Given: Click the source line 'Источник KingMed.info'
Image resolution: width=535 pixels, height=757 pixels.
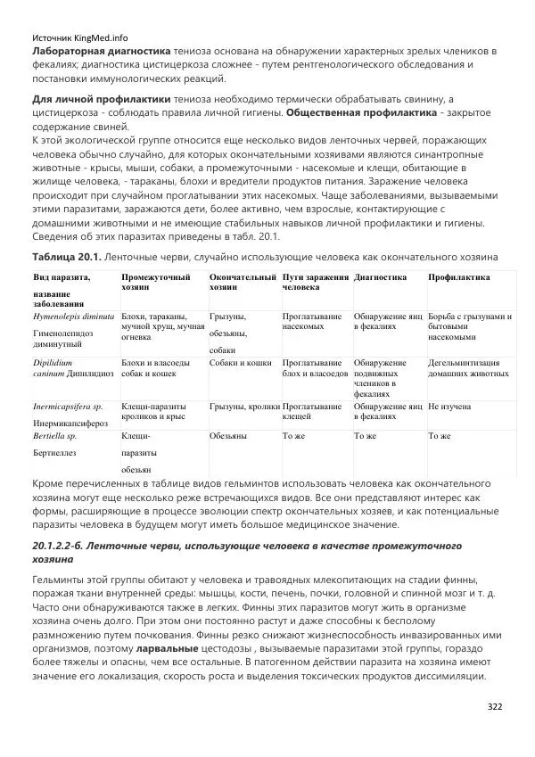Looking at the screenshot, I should click(80, 38).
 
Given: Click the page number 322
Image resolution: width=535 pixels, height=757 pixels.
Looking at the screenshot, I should click(495, 706).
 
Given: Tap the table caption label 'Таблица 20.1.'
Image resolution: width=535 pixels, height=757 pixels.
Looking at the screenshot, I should click(65, 256).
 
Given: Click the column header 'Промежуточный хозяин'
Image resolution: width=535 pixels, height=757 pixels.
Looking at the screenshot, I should click(156, 283).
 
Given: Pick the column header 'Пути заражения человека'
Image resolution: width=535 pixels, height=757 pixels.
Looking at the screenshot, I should click(315, 283).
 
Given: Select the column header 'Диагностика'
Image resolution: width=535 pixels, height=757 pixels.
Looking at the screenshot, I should click(380, 277).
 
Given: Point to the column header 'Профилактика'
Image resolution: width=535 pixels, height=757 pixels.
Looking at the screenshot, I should click(458, 277).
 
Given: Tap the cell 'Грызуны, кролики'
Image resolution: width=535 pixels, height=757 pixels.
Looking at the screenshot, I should click(244, 406).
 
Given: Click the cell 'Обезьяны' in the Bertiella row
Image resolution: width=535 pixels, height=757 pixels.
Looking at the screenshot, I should click(228, 435).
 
